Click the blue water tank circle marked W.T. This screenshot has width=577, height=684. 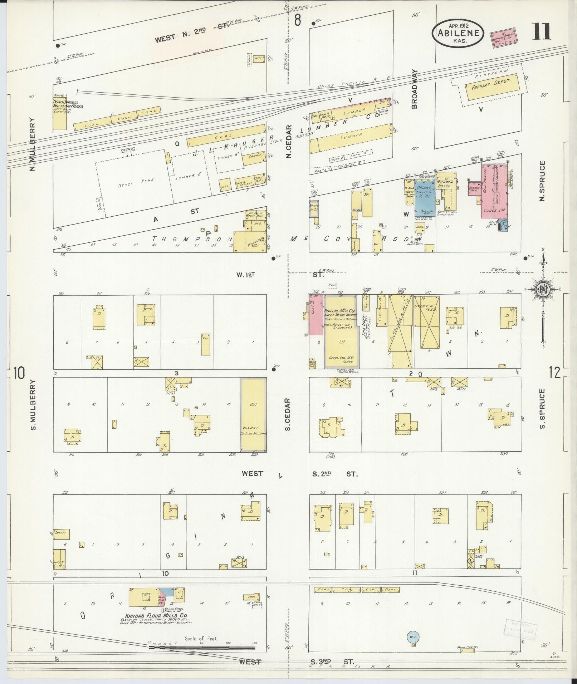pyautogui.click(x=413, y=637)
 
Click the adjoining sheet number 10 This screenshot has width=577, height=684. pyautogui.click(x=19, y=373)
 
